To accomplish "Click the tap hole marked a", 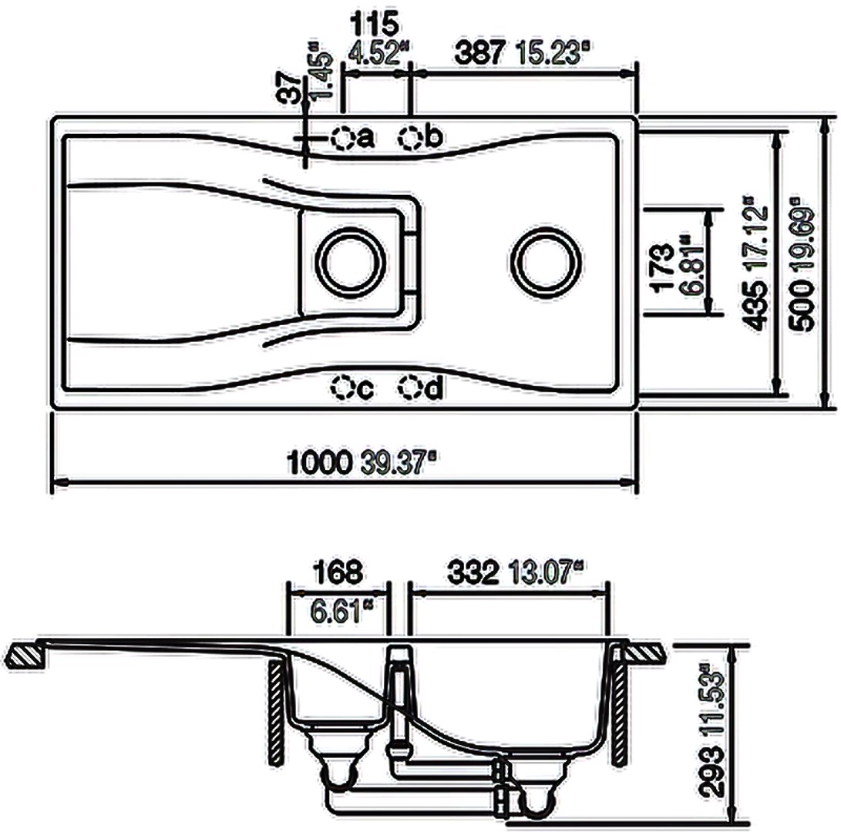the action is (x=343, y=139).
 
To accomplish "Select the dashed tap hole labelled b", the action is (x=410, y=139).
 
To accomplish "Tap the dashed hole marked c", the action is (x=342, y=387).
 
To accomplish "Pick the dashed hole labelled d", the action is (x=410, y=387).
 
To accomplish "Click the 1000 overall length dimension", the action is (x=320, y=462).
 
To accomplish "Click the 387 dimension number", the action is (x=479, y=54).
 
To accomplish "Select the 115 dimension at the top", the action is (x=375, y=24).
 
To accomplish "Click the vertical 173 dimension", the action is (x=662, y=267).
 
